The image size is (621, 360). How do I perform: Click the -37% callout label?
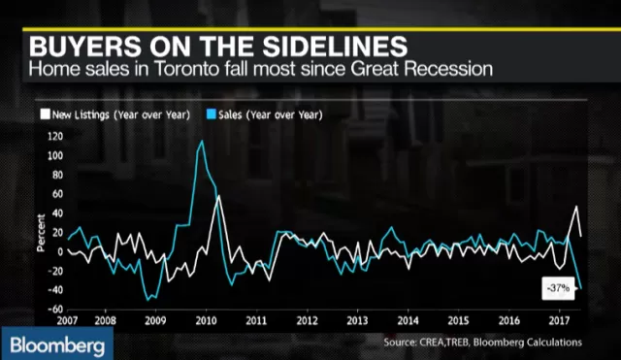point(558,288)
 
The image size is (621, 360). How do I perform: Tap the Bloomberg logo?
point(57,344)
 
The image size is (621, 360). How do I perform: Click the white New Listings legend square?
point(46,115)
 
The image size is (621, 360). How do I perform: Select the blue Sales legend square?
point(212,115)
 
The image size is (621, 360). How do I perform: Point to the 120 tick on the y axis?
point(55,137)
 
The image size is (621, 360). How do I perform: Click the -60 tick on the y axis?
point(55,309)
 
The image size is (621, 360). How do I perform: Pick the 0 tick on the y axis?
point(60,251)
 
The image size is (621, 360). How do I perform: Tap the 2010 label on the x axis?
point(206,320)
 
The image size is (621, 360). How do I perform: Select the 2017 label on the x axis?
point(559,320)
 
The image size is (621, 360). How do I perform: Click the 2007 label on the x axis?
point(67,320)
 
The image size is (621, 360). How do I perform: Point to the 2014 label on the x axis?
point(408,320)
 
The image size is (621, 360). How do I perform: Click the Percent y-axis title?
point(41,233)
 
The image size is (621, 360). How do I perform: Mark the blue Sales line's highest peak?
point(202,141)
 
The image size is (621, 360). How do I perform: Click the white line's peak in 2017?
point(576,207)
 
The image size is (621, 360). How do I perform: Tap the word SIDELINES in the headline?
point(335,47)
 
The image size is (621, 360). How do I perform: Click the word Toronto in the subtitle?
point(185,69)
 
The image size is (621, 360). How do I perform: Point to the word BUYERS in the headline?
point(85,47)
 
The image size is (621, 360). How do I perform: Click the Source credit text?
point(483,343)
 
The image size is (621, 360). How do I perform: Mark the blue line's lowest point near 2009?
point(147,300)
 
